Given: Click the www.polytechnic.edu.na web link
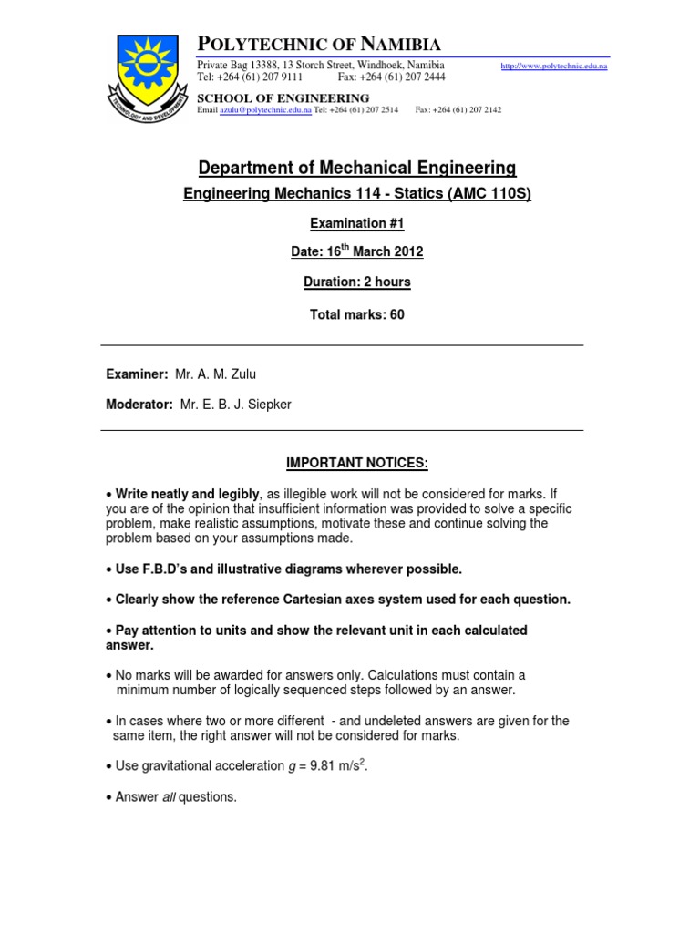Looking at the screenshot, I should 555,67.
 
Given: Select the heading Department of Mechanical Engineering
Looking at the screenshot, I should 357,168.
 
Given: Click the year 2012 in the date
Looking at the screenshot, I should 407,252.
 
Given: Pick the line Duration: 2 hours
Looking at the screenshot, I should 356,282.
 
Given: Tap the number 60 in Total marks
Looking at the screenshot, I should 396,314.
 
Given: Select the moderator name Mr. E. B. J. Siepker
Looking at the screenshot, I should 236,404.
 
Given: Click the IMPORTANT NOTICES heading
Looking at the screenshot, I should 356,463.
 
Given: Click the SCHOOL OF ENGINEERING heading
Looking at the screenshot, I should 283,98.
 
